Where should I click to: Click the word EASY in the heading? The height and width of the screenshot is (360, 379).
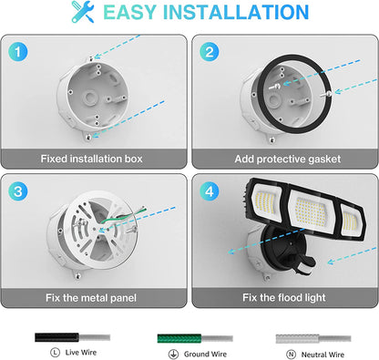click(141, 13)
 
